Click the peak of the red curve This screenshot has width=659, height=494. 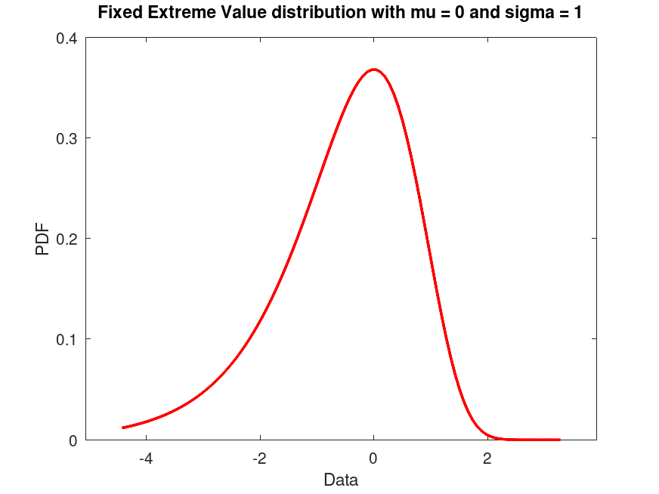(x=373, y=69)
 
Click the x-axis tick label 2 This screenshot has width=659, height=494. (x=487, y=458)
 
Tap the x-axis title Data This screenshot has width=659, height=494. (x=341, y=480)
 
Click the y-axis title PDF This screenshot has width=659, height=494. (x=43, y=239)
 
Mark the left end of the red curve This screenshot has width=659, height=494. (x=123, y=428)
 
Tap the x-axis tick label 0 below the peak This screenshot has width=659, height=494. (x=373, y=458)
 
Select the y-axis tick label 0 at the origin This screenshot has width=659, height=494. (x=73, y=440)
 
